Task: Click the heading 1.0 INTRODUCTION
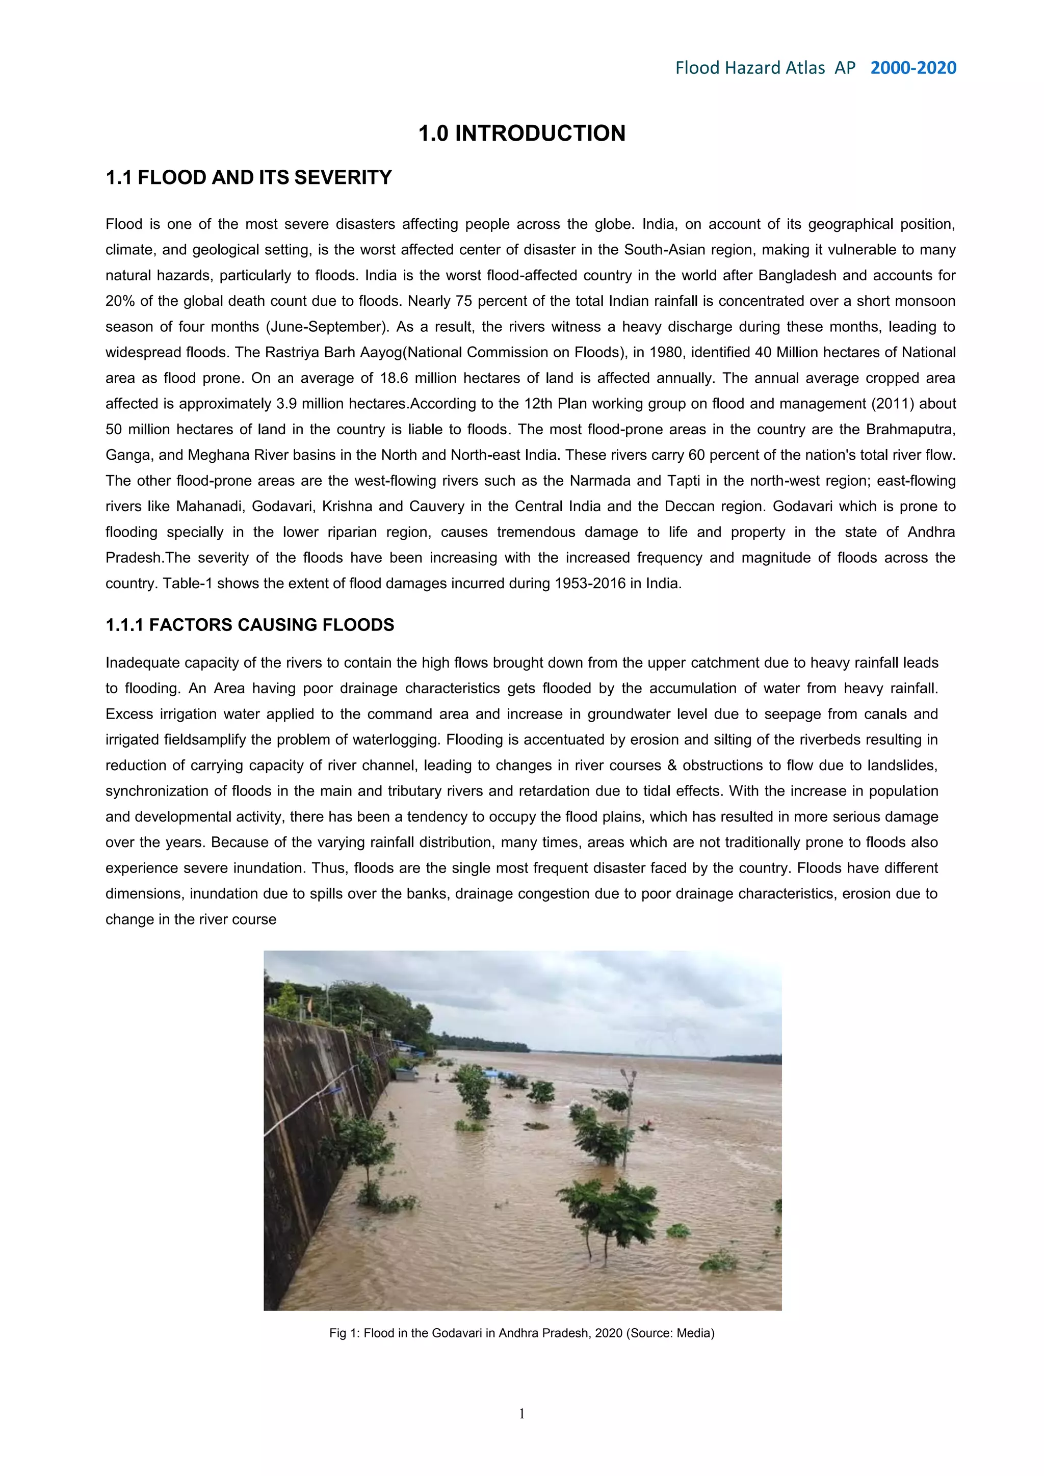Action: tap(521, 133)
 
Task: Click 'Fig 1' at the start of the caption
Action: tap(342, 1333)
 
